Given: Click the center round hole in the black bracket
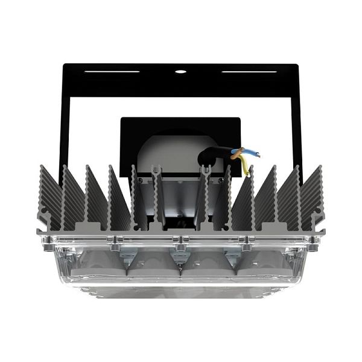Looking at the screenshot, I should coord(180,71).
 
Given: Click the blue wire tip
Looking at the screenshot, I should coord(258,154).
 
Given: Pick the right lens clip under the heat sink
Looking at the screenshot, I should coord(230,253).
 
